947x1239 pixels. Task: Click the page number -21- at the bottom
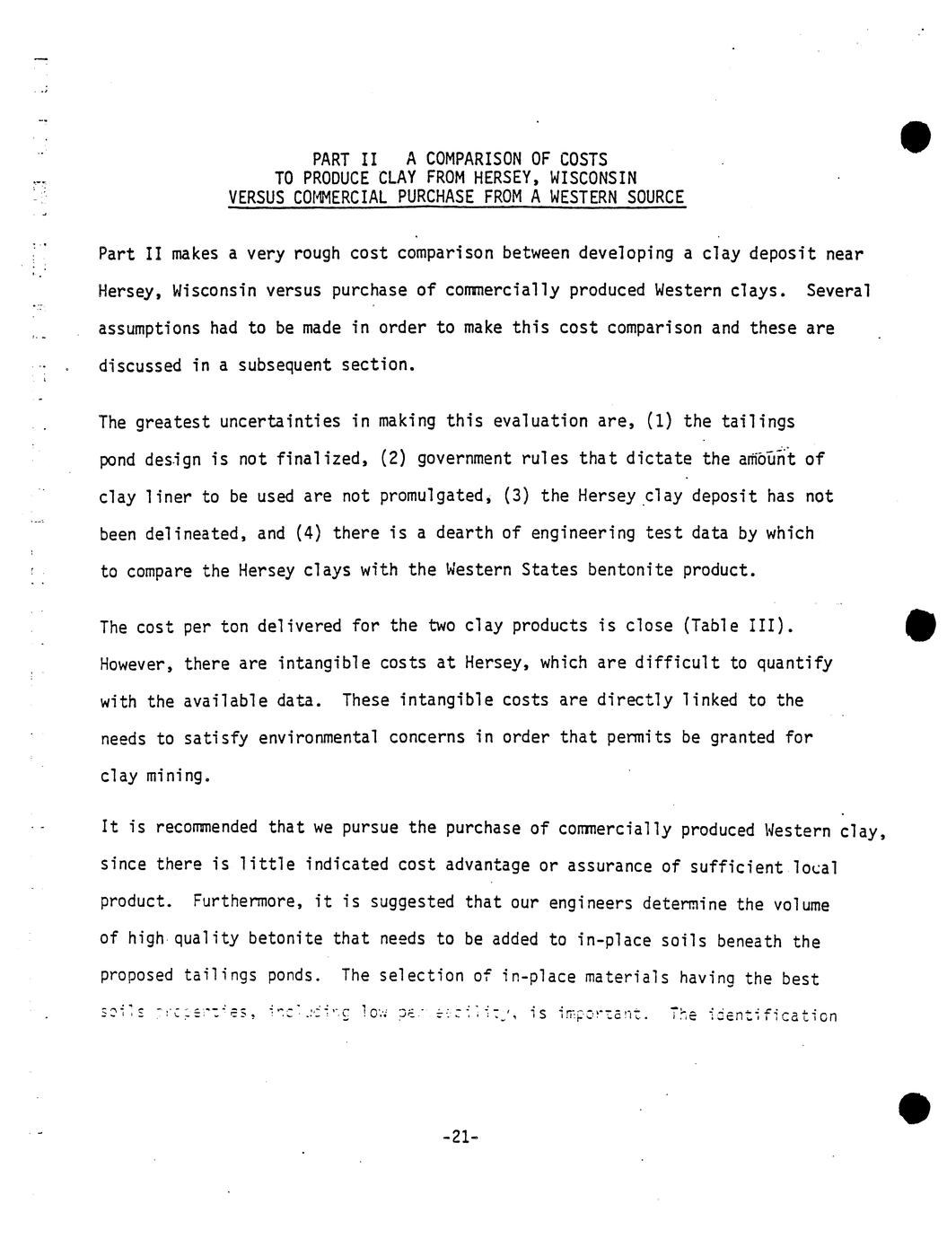click(x=460, y=1137)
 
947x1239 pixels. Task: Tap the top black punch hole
click(x=916, y=136)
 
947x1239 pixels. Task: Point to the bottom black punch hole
click(x=915, y=1107)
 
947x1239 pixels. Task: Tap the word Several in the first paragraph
click(x=838, y=291)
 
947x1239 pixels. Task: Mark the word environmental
click(x=317, y=738)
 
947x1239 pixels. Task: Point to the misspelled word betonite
click(x=285, y=940)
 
